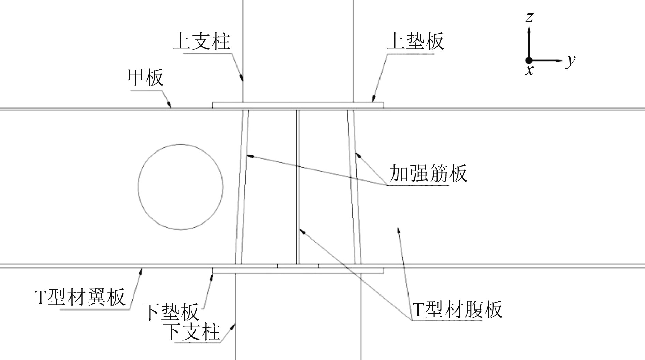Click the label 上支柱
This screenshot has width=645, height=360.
click(201, 42)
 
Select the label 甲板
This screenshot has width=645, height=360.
click(146, 78)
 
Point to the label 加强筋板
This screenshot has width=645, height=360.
click(428, 173)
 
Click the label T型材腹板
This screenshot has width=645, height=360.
click(457, 309)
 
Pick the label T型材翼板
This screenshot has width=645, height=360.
click(80, 297)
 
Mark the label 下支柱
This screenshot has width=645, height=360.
click(192, 331)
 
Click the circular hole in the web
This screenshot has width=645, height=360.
click(181, 187)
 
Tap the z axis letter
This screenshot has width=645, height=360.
click(529, 17)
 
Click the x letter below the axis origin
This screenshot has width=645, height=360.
click(529, 71)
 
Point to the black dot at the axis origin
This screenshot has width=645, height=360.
click(529, 61)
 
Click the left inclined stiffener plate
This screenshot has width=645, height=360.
click(242, 187)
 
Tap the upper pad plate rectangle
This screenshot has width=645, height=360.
click(298, 105)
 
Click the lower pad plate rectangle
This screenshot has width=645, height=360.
click(298, 271)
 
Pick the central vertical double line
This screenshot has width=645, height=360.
click(298, 187)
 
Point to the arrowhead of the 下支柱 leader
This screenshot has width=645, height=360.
click(234, 326)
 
